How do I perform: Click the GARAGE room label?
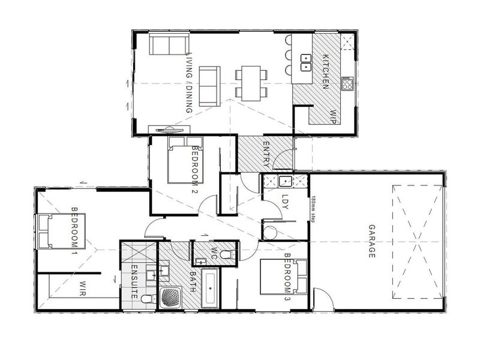(371, 241)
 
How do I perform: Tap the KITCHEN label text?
(326, 71)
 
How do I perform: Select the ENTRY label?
(266, 154)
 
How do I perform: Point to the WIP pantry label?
(333, 116)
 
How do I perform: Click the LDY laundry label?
(285, 202)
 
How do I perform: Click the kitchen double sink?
(306, 62)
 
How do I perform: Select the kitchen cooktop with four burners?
(347, 83)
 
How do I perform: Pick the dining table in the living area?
(251, 83)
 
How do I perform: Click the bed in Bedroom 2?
(185, 160)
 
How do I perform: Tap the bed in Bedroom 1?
(61, 232)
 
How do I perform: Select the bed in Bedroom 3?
(283, 277)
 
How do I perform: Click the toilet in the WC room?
(229, 254)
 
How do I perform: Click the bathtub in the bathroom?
(209, 289)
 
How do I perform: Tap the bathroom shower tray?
(171, 298)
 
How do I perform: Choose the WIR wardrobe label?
(82, 288)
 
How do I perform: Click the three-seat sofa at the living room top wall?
(169, 44)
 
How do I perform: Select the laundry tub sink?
(285, 182)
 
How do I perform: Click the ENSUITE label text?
(134, 281)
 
